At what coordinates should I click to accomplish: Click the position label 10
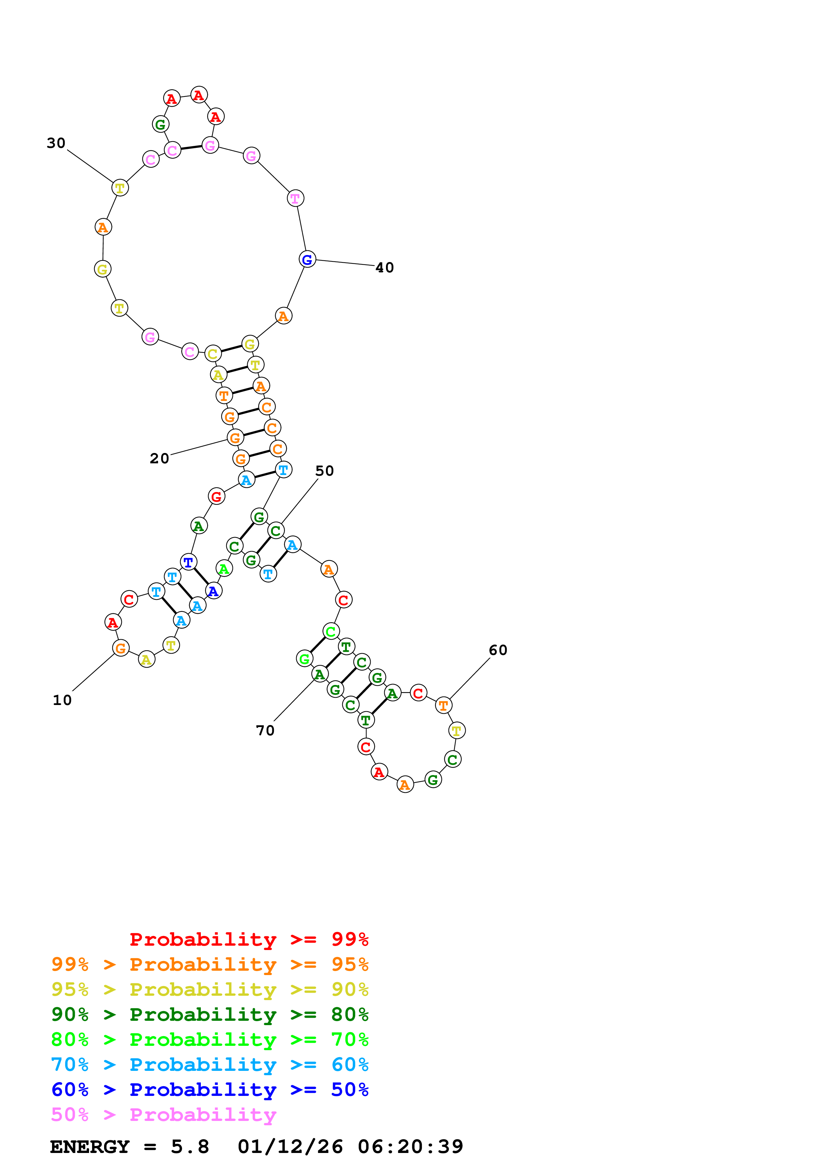pos(62,700)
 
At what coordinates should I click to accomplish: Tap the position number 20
pos(159,459)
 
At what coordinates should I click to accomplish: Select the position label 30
pos(56,143)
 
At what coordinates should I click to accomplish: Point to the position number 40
pos(385,268)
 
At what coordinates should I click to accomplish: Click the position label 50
pos(325,471)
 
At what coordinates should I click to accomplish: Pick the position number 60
pos(498,650)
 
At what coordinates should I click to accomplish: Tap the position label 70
pos(265,731)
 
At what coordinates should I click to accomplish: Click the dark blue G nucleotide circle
pos(307,259)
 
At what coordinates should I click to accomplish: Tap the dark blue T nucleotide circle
pos(188,562)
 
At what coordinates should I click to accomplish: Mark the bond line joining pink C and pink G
pos(191,148)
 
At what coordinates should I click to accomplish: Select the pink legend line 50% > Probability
pos(163,1115)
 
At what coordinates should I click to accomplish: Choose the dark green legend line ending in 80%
pos(210,1014)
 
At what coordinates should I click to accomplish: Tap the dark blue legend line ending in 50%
pos(210,1090)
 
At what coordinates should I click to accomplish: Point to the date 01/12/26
pos(290,1147)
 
